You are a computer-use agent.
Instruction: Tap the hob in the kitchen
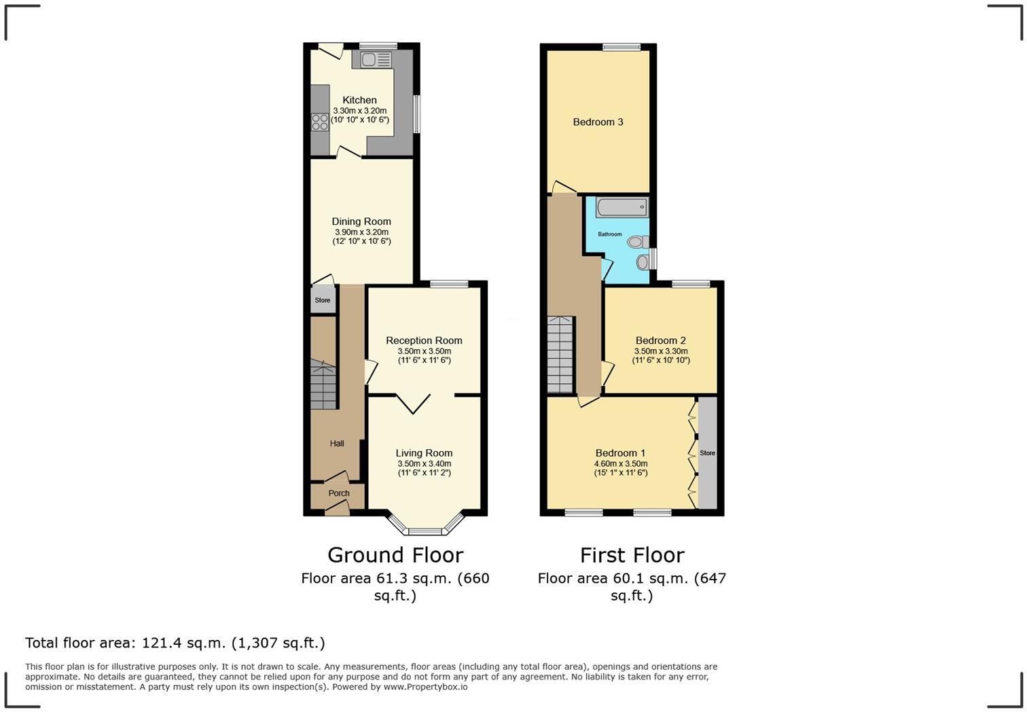click(320, 122)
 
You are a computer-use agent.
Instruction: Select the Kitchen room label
click(359, 100)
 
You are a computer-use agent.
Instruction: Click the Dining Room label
click(361, 221)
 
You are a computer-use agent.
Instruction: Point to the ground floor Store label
click(323, 300)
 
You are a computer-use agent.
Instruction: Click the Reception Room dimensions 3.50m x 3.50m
click(424, 351)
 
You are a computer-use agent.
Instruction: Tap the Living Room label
click(424, 453)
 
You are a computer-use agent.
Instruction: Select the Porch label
click(338, 493)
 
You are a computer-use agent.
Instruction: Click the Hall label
click(337, 444)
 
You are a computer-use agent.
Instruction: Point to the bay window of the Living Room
click(426, 529)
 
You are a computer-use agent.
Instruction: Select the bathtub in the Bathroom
click(621, 207)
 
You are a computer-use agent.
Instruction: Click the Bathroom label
click(609, 234)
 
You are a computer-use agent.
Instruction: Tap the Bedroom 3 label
click(598, 122)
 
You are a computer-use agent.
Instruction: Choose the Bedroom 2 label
click(660, 340)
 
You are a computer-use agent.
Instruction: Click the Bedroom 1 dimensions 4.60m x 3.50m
click(620, 464)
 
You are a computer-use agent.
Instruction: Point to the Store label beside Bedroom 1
click(707, 453)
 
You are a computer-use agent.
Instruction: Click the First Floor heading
click(632, 555)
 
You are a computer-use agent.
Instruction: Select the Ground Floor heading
click(395, 555)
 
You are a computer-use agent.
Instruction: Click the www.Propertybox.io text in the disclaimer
click(425, 687)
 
